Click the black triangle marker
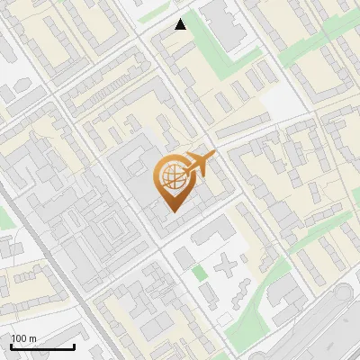(181, 24)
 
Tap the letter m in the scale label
(33, 338)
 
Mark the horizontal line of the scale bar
(42, 347)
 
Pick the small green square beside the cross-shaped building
(199, 271)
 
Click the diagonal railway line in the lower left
(63, 279)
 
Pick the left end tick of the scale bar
(11, 346)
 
